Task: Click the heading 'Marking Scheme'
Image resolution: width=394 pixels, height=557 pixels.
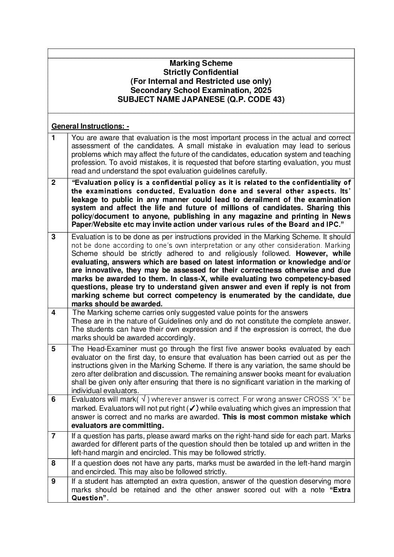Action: (201, 63)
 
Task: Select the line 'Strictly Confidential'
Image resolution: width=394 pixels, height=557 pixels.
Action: (201, 72)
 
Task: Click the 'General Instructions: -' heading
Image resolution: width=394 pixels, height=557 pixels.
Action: (90, 126)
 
